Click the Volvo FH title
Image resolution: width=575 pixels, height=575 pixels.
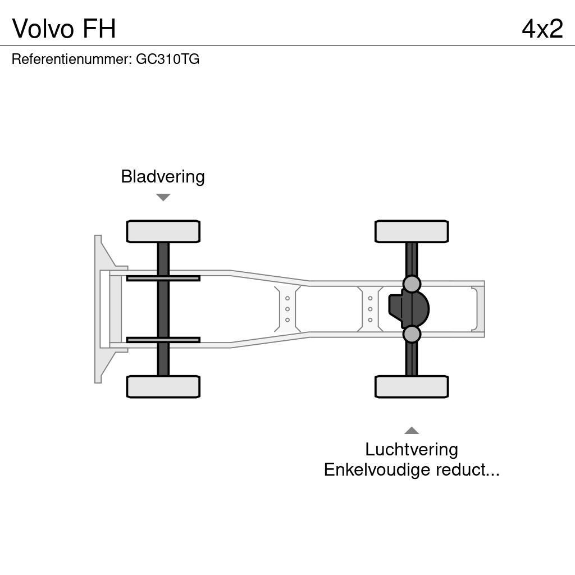tap(64, 29)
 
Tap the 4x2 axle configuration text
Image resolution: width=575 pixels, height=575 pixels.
tap(542, 29)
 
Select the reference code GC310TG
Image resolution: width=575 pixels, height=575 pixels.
tap(167, 59)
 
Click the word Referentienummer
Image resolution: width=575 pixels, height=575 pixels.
tap(71, 59)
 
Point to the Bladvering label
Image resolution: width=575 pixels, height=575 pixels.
tap(163, 176)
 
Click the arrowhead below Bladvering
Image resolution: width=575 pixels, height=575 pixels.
tap(163, 197)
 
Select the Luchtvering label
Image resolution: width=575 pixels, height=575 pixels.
tap(412, 449)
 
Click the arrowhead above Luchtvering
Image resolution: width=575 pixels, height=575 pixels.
tap(412, 431)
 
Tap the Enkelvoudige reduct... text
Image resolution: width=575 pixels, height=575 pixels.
tap(412, 469)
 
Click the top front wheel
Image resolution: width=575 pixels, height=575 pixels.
tap(163, 231)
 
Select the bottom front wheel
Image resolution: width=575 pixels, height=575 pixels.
tap(163, 386)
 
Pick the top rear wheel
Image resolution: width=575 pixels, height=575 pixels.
tap(412, 231)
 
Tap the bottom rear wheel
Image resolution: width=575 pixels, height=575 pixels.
tap(412, 386)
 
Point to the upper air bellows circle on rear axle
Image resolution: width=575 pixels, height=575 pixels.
tap(412, 284)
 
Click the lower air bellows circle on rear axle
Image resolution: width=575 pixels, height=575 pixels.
tap(412, 334)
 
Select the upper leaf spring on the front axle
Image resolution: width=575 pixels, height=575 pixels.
tap(163, 278)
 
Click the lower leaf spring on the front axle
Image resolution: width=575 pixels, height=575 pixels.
tap(163, 340)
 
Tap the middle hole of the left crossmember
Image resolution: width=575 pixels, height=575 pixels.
tap(287, 309)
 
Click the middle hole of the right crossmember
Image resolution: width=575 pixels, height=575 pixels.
tap(370, 309)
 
